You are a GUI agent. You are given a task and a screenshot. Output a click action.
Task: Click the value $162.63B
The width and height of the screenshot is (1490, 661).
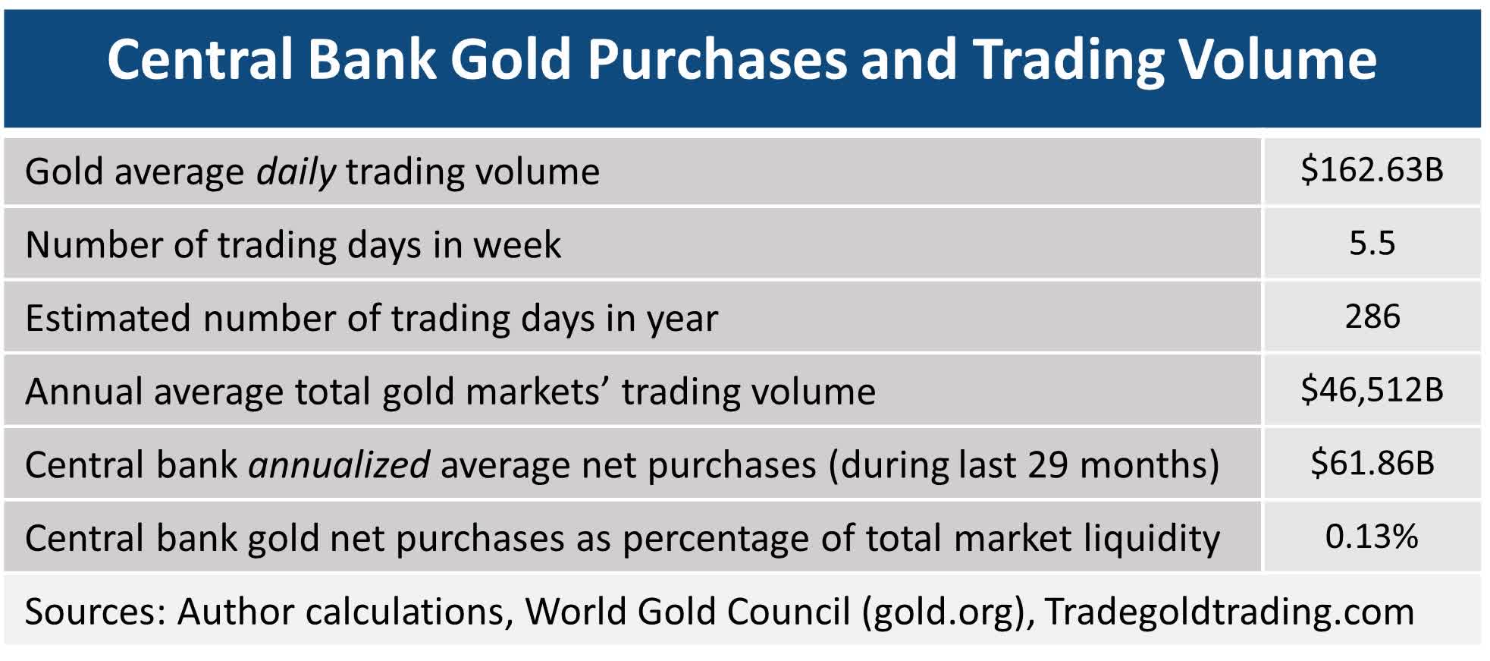tap(1371, 170)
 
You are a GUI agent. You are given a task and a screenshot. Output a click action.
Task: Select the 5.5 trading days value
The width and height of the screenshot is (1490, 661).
tap(1372, 244)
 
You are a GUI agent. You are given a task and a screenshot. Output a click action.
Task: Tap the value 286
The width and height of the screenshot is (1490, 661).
tap(1372, 316)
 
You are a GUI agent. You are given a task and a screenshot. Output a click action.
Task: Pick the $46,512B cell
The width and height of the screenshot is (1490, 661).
tap(1371, 390)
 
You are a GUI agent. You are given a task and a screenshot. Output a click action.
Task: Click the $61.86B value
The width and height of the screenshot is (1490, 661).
tap(1372, 463)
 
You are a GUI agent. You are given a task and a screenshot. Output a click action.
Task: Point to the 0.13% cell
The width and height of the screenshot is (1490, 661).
tap(1371, 537)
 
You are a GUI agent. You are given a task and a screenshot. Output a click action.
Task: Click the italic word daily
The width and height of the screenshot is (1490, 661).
tap(296, 172)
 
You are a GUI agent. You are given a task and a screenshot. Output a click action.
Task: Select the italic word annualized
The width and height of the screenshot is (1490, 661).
tap(339, 464)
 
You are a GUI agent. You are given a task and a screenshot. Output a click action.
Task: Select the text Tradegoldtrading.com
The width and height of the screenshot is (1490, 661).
tap(1229, 611)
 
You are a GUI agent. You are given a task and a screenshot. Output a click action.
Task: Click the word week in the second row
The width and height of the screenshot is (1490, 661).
tap(517, 244)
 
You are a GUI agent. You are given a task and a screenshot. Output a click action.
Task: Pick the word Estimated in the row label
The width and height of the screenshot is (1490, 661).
tap(108, 318)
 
